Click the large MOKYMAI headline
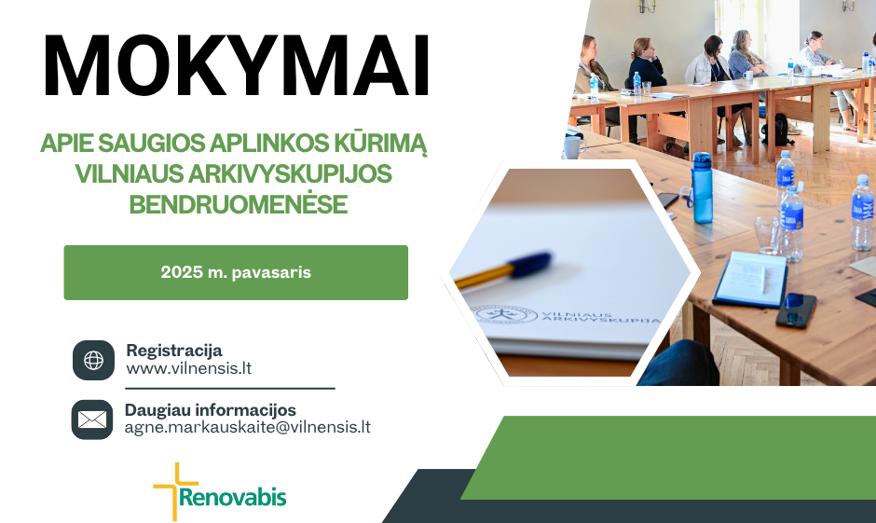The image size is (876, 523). (x=237, y=66)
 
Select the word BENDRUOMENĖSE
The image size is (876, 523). (x=239, y=204)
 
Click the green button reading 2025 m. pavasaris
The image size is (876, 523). (x=236, y=272)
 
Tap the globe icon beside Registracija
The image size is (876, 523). (x=93, y=361)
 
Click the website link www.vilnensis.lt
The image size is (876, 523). (x=189, y=369)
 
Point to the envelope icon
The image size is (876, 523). (x=92, y=420)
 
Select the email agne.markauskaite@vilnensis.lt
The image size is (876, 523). (x=248, y=428)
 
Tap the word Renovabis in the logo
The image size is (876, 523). (x=232, y=497)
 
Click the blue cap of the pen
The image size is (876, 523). (x=531, y=265)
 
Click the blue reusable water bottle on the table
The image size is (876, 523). (x=702, y=187)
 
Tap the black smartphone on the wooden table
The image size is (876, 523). (x=796, y=310)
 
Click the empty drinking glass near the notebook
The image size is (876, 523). (x=767, y=235)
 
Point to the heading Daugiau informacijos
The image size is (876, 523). (x=210, y=410)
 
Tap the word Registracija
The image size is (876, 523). (x=174, y=351)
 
